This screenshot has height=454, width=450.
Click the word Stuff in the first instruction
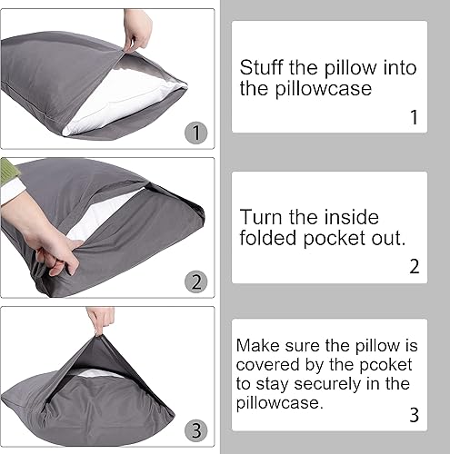(258, 67)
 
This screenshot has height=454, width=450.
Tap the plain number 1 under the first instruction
(413, 117)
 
